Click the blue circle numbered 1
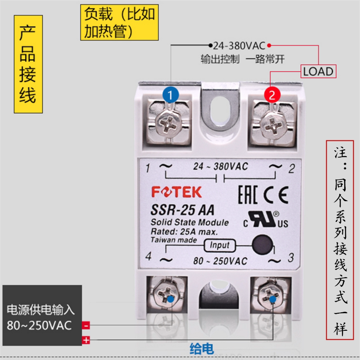(170, 95)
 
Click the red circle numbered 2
(271, 95)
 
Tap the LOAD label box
(318, 71)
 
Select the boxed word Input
(220, 245)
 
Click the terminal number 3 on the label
(291, 258)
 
